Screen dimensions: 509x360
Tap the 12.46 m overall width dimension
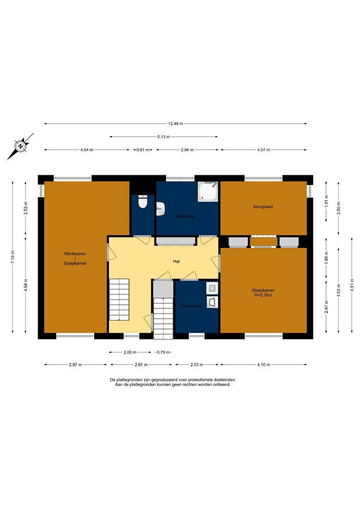tap(175, 123)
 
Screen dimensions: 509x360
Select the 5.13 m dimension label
tap(164, 137)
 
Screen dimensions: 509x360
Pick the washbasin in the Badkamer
tap(161, 208)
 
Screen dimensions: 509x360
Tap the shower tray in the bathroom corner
tap(208, 191)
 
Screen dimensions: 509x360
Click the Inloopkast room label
tap(263, 206)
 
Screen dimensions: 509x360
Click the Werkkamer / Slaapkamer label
tap(75, 258)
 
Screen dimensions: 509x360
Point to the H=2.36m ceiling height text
tap(263, 295)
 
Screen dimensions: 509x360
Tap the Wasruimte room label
tap(192, 306)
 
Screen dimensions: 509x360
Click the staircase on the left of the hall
tap(119, 299)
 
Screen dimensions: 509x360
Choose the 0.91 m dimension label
tap(143, 150)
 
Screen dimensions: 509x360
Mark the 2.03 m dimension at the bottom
tap(197, 364)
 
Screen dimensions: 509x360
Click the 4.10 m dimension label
tap(263, 364)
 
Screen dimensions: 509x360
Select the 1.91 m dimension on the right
tap(326, 208)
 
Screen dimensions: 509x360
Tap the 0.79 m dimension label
tap(163, 352)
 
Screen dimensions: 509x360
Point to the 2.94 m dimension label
tap(188, 150)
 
